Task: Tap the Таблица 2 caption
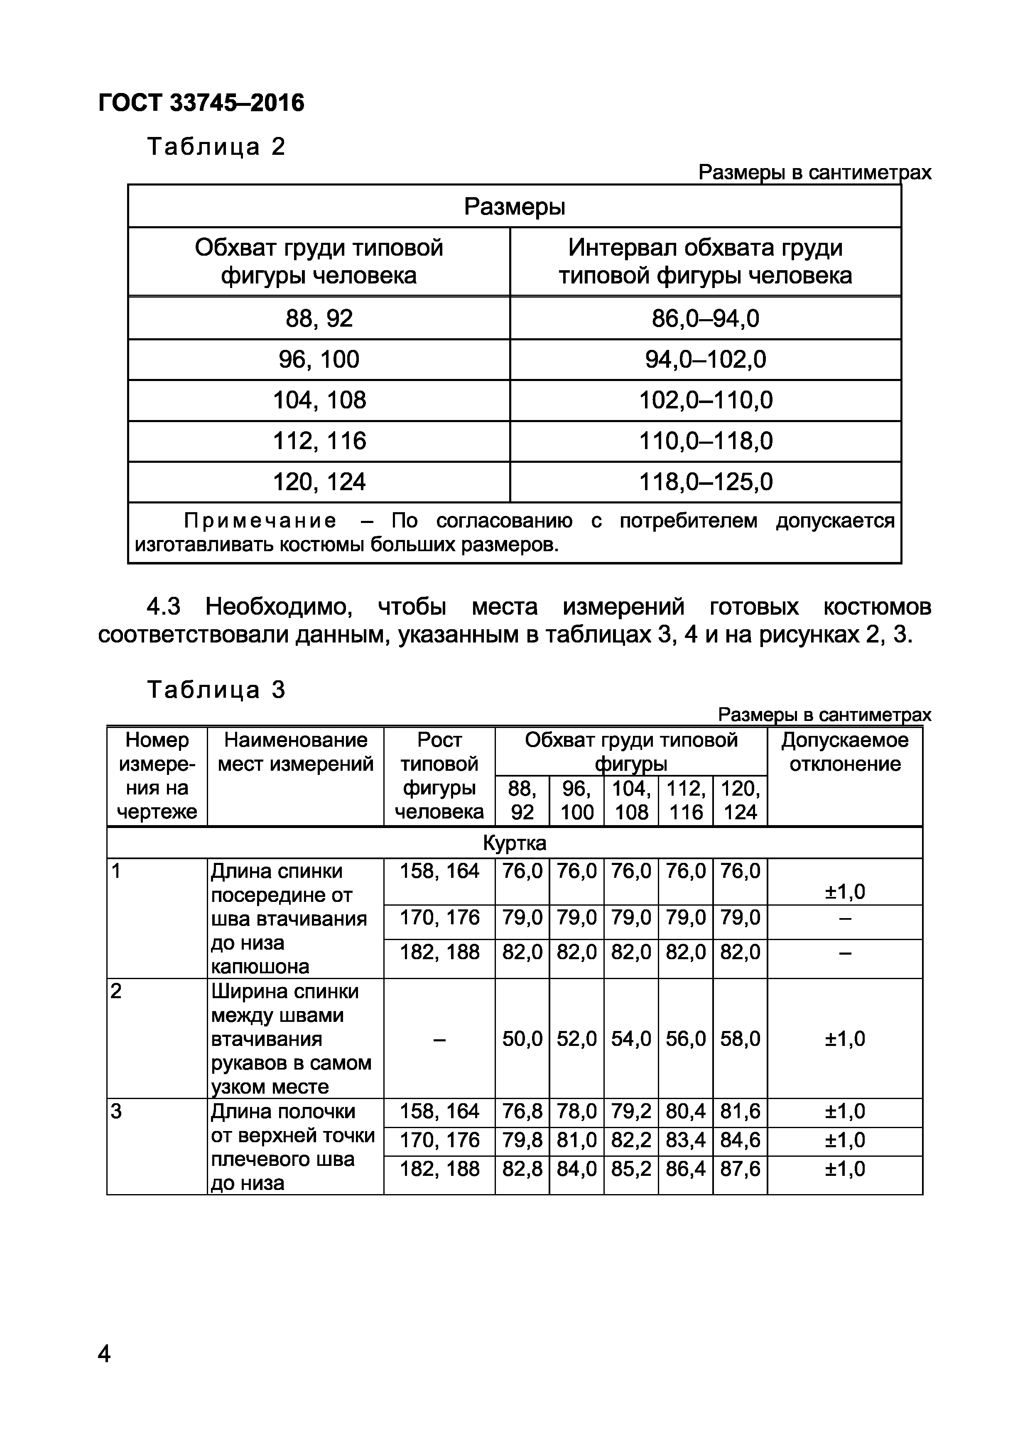(x=216, y=147)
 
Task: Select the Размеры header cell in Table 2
(x=514, y=207)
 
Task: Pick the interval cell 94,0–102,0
(x=705, y=359)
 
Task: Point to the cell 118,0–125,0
(x=705, y=482)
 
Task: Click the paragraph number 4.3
(x=163, y=607)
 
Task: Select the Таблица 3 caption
(x=216, y=690)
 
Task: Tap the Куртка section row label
(x=514, y=843)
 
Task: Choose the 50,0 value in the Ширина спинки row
(x=522, y=1039)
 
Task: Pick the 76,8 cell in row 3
(x=522, y=1112)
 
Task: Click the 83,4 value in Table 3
(x=685, y=1140)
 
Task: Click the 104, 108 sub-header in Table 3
(x=631, y=800)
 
